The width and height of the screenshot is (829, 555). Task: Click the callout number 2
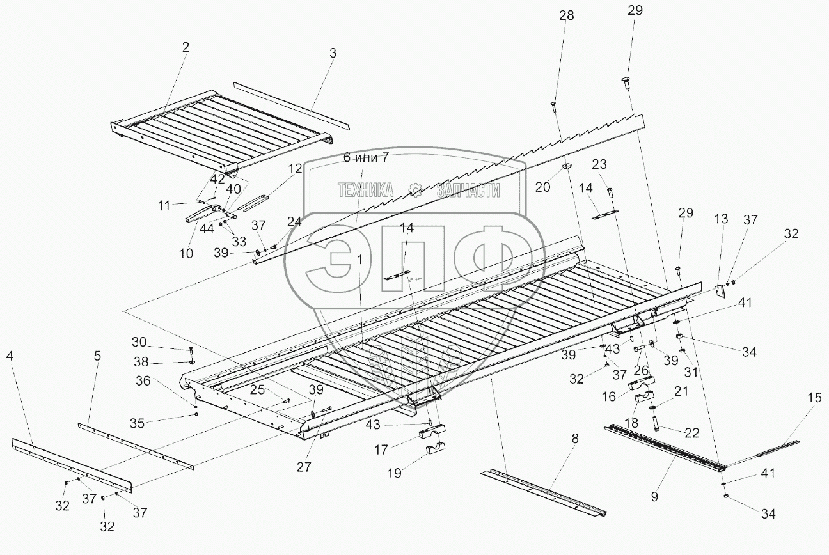186,47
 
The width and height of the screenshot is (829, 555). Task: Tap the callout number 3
333,53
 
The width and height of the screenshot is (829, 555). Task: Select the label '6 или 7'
366,159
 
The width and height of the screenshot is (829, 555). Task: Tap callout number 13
721,219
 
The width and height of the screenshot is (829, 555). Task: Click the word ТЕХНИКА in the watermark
366,189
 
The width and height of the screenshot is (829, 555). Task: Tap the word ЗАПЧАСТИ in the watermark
468,189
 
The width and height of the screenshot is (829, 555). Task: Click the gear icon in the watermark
416,189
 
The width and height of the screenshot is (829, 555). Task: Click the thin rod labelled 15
761,452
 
